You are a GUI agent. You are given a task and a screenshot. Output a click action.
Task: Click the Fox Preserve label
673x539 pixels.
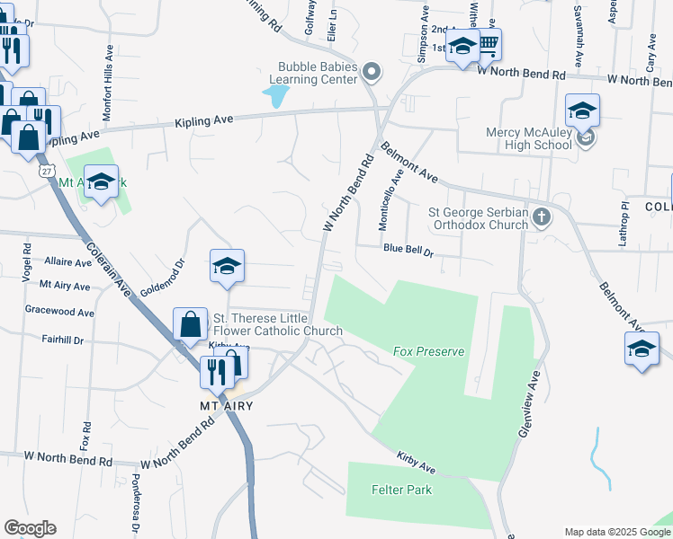tap(428, 351)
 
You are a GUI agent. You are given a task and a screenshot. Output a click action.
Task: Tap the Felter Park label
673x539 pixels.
tap(401, 490)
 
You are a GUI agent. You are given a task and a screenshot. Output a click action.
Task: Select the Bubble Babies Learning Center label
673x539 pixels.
tap(318, 73)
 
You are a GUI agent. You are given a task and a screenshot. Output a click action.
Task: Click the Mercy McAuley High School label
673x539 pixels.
tap(529, 138)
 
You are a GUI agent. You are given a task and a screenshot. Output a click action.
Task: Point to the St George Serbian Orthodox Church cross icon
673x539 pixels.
tap(542, 216)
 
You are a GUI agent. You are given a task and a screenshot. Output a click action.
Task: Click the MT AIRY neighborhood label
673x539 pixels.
tap(226, 406)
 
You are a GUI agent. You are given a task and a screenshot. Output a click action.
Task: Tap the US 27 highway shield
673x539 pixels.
tap(45, 170)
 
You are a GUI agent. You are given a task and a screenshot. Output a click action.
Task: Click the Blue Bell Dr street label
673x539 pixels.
tap(408, 249)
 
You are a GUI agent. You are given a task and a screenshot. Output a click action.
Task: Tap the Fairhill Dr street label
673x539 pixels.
tap(62, 340)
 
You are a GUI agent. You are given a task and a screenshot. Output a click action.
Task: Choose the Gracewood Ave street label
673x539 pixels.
tap(60, 313)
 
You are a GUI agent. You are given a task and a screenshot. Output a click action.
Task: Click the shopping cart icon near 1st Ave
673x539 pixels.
tap(489, 42)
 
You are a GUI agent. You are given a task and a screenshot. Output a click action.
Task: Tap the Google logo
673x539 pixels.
tap(30, 528)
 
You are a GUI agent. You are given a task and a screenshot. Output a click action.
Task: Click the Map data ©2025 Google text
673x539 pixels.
tap(617, 532)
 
